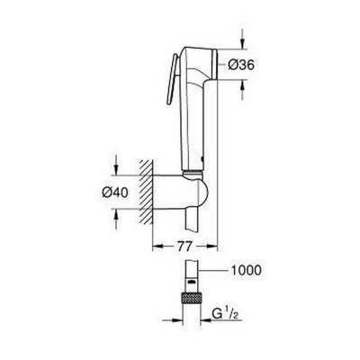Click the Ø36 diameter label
[x=241, y=65]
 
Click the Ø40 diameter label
[x=115, y=193]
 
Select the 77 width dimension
[x=184, y=247]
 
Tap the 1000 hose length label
[x=246, y=270]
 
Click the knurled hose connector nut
[x=192, y=299]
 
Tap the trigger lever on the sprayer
[x=172, y=79]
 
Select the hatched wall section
[x=146, y=192]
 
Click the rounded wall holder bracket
[x=181, y=192]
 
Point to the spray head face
[x=214, y=64]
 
